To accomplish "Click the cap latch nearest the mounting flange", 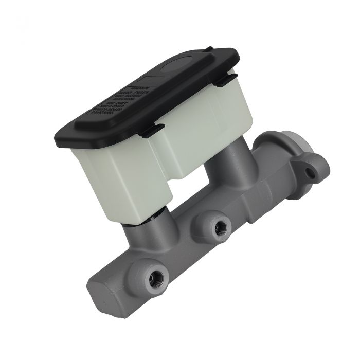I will point(225,80).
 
